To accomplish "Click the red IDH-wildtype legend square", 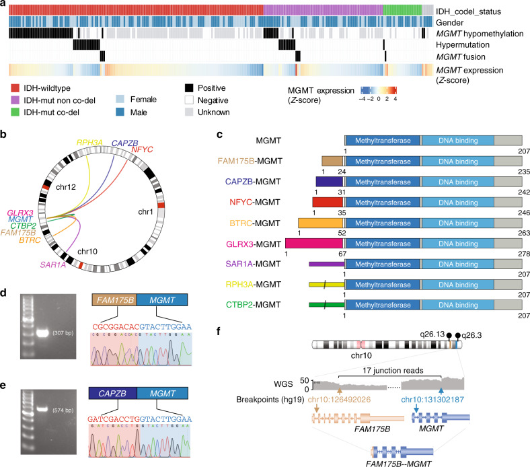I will coord(15,87).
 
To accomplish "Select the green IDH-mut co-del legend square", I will coord(15,111).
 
